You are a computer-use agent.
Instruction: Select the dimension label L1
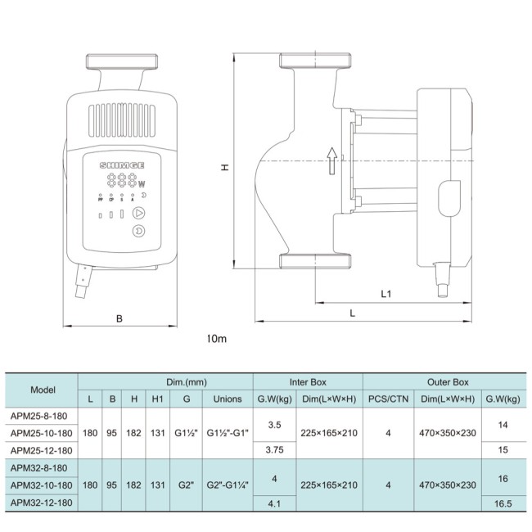(387, 293)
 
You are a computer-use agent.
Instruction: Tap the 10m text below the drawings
(216, 338)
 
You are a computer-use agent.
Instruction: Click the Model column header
(43, 390)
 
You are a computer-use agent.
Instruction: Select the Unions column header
(227, 399)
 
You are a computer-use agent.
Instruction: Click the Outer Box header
(448, 381)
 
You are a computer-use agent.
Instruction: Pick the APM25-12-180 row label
(43, 449)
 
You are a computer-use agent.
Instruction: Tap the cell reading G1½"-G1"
(227, 432)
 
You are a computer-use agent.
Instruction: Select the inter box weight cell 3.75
(275, 449)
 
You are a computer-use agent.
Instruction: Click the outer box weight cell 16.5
(503, 503)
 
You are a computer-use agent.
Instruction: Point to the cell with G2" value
(187, 485)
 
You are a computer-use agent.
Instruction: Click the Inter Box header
(308, 381)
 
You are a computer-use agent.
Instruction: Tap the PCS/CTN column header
(388, 399)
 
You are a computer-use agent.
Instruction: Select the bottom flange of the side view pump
(316, 261)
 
